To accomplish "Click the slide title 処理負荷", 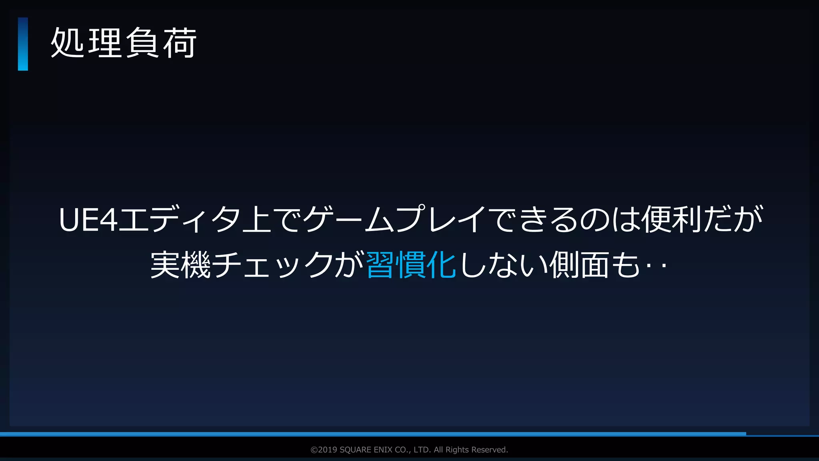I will coord(124,43).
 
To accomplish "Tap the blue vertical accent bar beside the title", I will coord(23,44).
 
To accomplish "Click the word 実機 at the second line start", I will coord(180,265).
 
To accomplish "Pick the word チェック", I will coord(273,265).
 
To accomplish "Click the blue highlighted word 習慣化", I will coord(411,265).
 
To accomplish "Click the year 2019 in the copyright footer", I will coord(328,450).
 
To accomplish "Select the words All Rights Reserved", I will coord(471,450).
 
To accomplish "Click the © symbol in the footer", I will coord(314,450).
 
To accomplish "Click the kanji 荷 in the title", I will coord(180,43).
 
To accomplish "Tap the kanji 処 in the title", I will coord(67,43).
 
